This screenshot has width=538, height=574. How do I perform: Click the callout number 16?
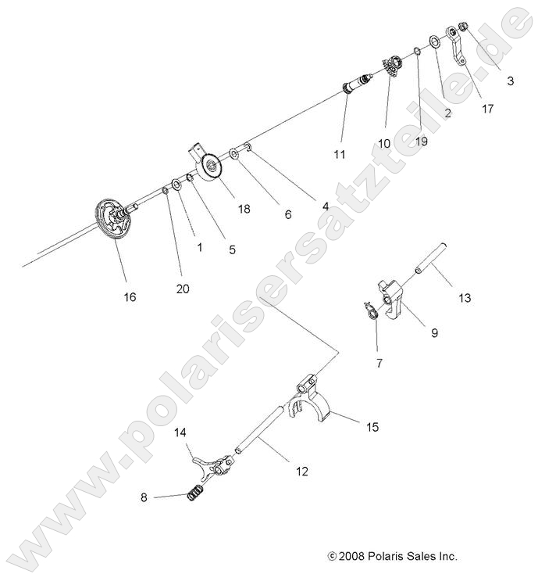[130, 296]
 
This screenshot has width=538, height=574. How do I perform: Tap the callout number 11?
[339, 155]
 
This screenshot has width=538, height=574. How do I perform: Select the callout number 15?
[372, 426]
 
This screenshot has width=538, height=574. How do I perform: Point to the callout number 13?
[465, 298]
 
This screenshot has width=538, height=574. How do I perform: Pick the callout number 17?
[487, 109]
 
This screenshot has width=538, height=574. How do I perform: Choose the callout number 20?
[182, 289]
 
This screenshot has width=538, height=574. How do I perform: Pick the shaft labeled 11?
[361, 84]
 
